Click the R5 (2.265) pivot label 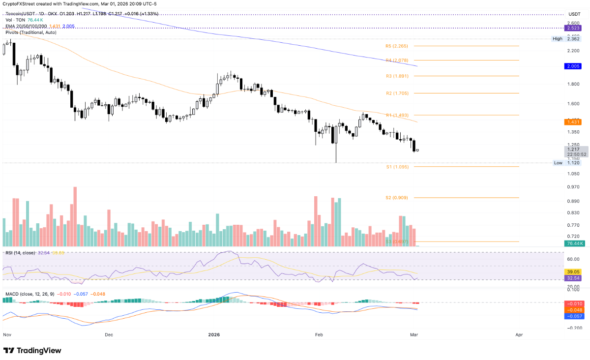(x=397, y=46)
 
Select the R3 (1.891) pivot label (x=397, y=76)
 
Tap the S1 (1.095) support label (x=397, y=167)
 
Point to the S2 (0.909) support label (x=397, y=198)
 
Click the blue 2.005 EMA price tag (x=574, y=66)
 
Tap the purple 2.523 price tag (x=574, y=29)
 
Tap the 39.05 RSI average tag (x=574, y=271)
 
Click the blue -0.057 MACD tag (x=574, y=317)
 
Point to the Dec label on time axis (x=109, y=334)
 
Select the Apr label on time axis (x=519, y=334)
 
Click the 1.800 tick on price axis (x=573, y=84)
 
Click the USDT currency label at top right (x=574, y=14)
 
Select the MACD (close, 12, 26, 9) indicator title (x=29, y=294)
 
